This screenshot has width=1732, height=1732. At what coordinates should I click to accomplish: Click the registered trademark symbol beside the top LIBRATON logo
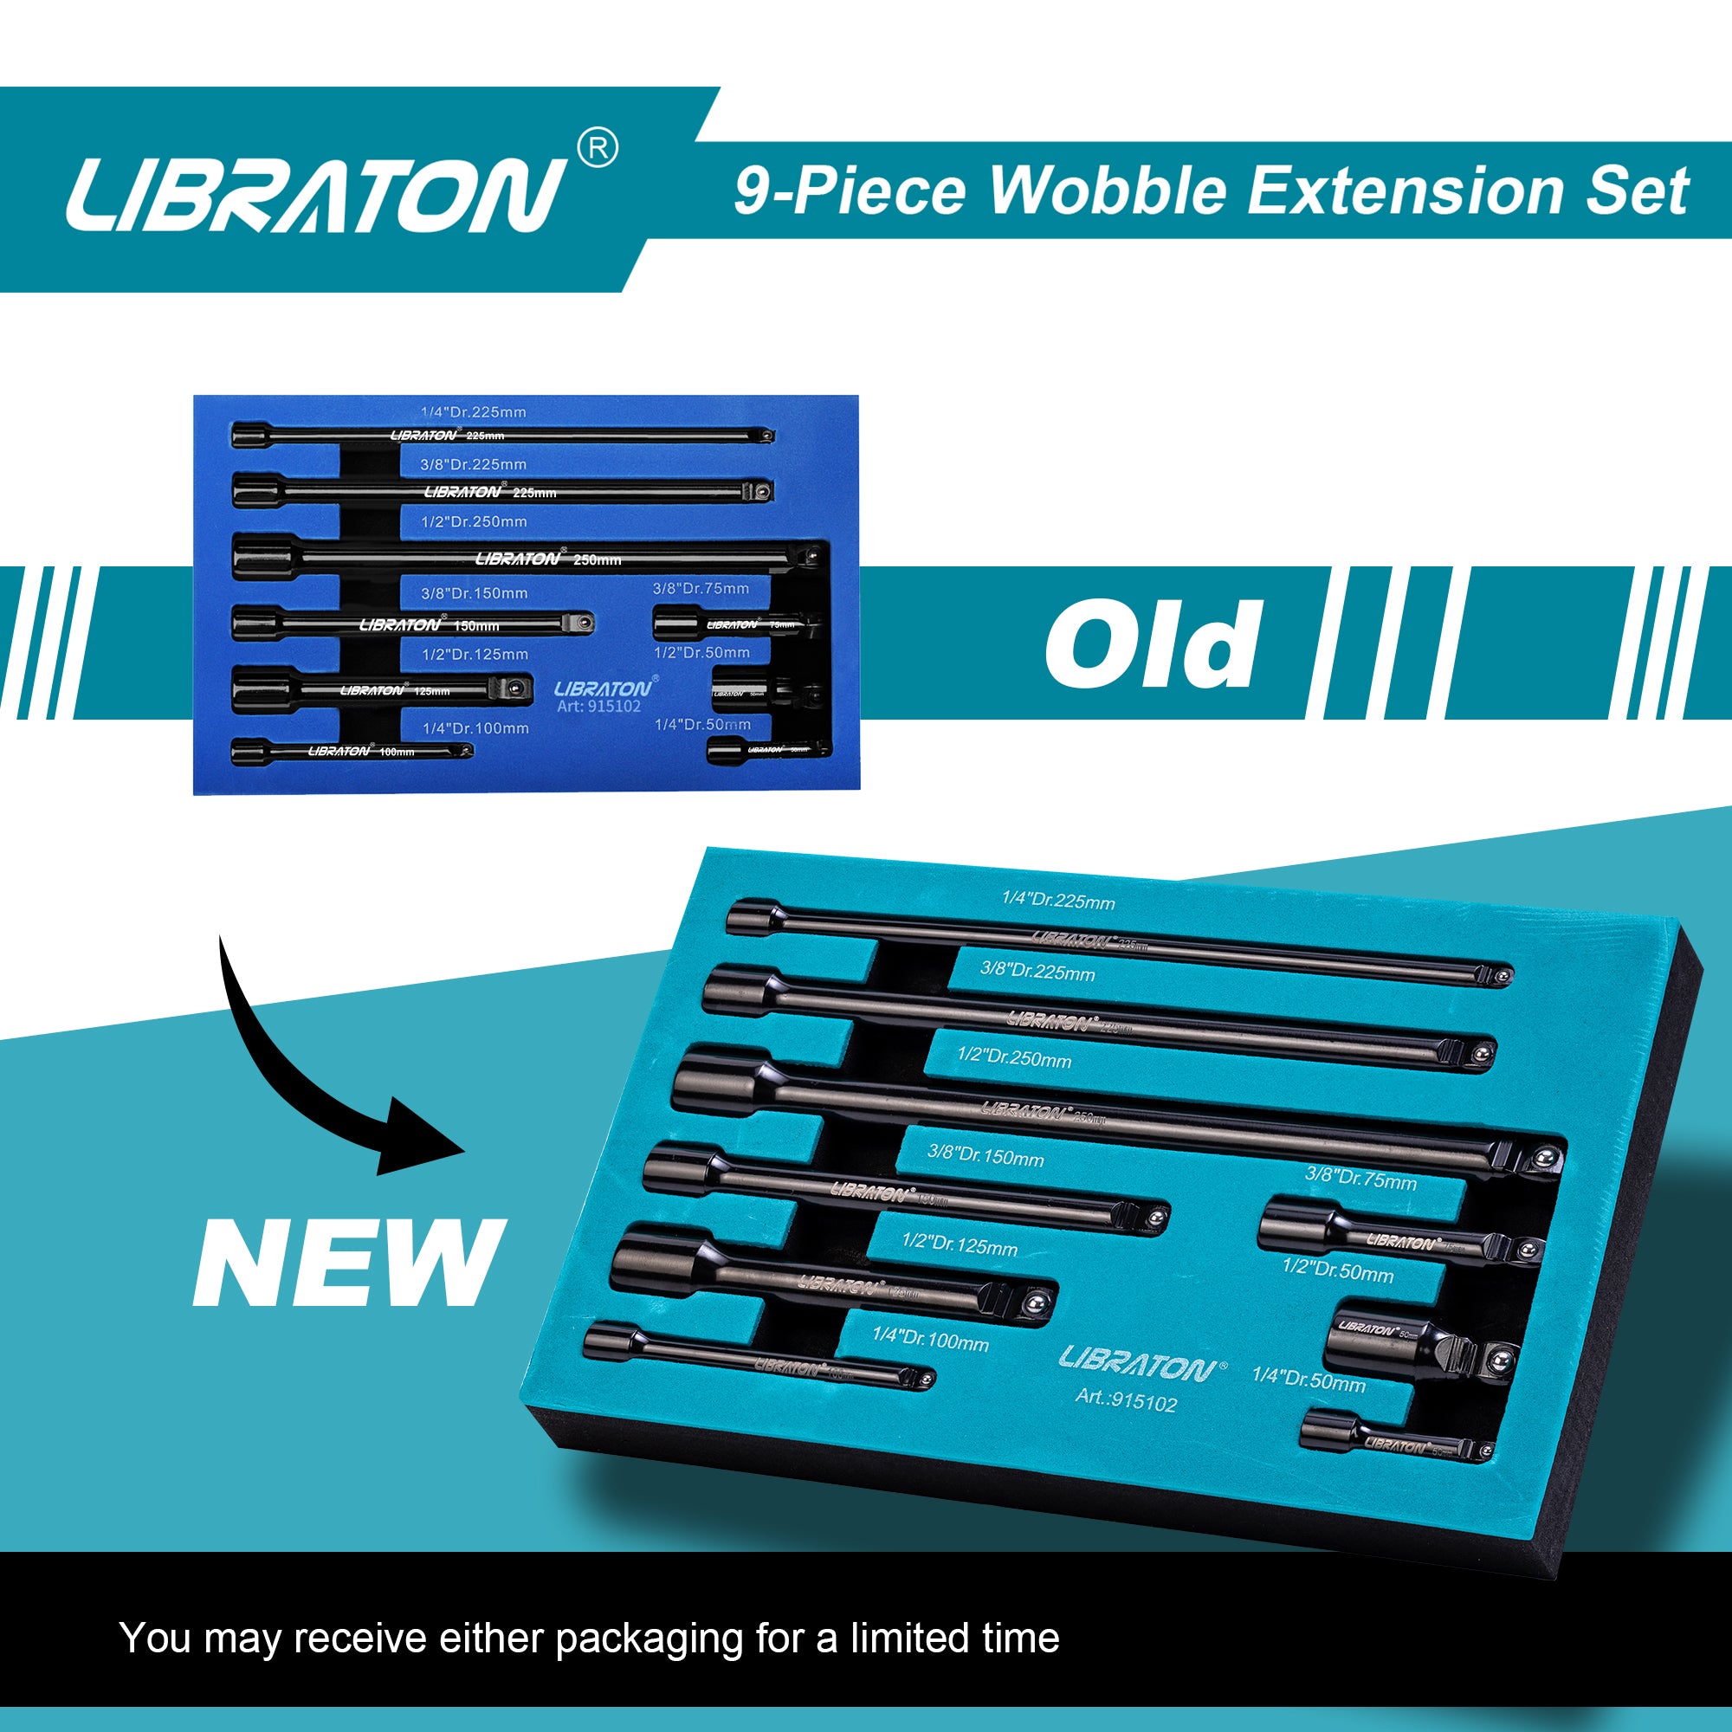(597, 148)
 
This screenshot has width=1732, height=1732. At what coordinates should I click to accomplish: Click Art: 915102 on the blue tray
(599, 707)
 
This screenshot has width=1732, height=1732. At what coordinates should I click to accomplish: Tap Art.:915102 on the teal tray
(1126, 1400)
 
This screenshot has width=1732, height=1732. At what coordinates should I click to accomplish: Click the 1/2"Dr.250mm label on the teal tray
(1014, 1058)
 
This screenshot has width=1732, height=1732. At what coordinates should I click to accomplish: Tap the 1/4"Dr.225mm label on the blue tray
(474, 412)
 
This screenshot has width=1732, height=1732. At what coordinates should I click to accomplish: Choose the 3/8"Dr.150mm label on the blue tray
(475, 593)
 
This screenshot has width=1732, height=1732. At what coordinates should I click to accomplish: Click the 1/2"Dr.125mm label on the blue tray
(475, 655)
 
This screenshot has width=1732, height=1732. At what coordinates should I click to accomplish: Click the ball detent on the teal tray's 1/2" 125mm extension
(1038, 1302)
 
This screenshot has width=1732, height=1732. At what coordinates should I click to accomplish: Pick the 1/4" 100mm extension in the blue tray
(352, 751)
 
